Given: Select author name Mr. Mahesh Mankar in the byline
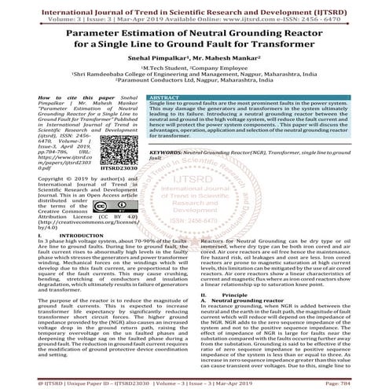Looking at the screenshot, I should [x=232, y=79].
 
